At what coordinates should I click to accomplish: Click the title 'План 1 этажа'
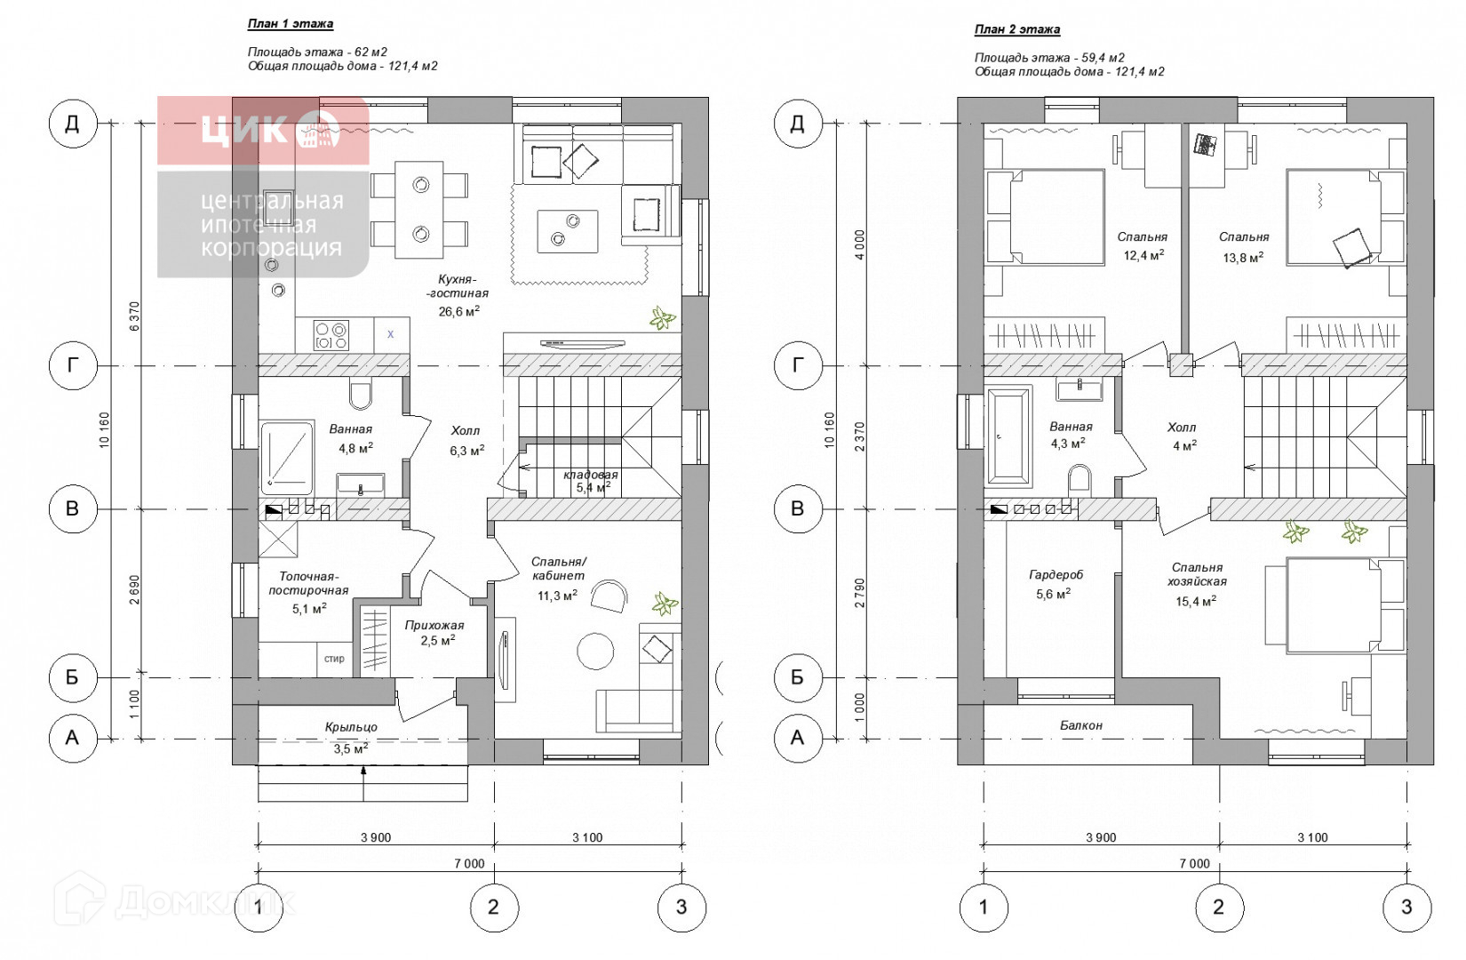coord(290,24)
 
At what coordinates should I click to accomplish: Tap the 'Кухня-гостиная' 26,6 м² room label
coord(458,295)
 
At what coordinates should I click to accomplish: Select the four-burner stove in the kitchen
coord(331,335)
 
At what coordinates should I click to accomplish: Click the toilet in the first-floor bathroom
coord(361,394)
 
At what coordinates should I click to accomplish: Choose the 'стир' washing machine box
coord(334,659)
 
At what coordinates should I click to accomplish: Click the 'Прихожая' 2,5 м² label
coord(435,633)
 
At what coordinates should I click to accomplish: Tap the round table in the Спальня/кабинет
coord(595,651)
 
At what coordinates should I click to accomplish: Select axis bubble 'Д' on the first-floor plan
coord(73,123)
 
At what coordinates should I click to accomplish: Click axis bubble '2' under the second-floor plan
coord(1219,907)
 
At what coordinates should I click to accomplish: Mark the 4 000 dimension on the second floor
coord(859,244)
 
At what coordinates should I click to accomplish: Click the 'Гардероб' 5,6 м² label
coord(1055,584)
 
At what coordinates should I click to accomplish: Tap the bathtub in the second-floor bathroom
coord(1008,436)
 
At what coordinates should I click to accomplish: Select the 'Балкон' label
coord(1081,725)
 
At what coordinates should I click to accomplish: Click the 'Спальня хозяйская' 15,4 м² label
coord(1197,584)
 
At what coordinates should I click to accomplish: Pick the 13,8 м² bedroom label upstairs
coord(1244,247)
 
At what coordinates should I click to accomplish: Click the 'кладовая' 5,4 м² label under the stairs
coord(591,481)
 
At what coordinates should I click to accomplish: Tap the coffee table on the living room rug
coord(568,231)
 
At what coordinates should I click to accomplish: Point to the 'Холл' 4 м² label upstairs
coord(1182,436)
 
